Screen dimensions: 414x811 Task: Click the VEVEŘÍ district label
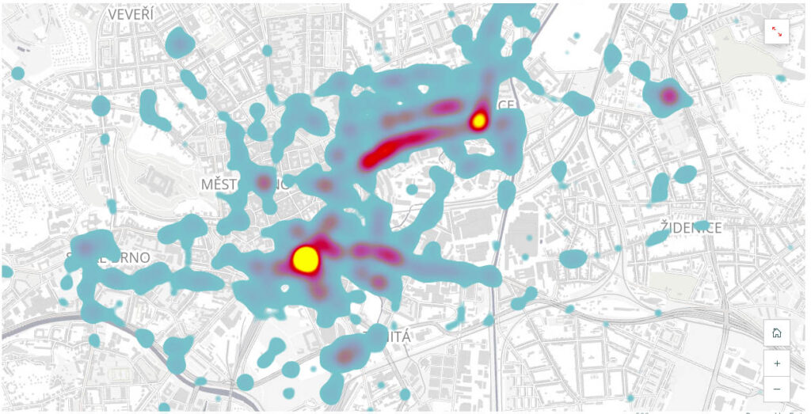[131, 15]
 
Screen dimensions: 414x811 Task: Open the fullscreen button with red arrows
[776, 31]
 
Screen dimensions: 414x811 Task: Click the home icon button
[776, 332]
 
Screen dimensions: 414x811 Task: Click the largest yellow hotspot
[305, 258]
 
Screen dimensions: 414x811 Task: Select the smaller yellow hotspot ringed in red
[478, 120]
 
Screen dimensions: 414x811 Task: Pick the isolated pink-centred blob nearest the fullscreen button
[668, 97]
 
